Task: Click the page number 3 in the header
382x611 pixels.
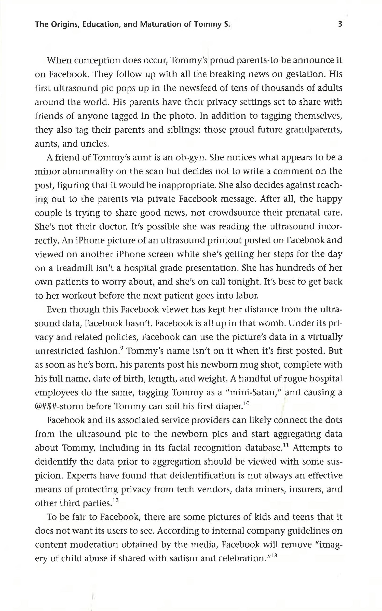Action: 340,24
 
